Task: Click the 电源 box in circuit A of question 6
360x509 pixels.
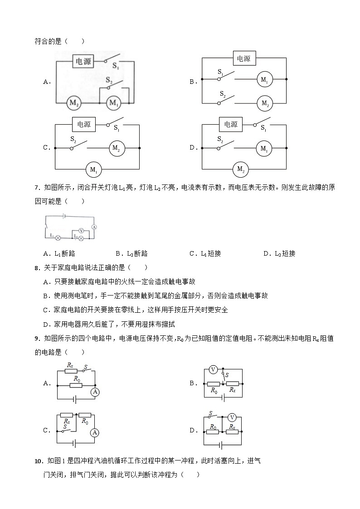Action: pos(83,63)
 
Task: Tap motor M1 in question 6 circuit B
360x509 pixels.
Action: pos(264,79)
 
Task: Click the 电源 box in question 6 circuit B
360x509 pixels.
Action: pos(244,58)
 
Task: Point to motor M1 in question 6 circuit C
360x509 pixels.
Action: pos(93,170)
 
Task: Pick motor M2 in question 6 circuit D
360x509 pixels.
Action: pos(240,170)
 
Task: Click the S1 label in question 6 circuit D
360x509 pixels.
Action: pos(263,128)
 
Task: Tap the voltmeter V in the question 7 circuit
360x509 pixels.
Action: pos(82,230)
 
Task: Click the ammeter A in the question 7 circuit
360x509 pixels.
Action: pos(94,226)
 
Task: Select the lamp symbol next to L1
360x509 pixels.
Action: pos(58,237)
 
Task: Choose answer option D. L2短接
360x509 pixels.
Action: pos(279,254)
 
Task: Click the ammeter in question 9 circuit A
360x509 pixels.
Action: pos(95,392)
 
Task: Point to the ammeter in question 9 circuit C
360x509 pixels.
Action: pos(94,433)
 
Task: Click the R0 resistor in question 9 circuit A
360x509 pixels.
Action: pos(76,386)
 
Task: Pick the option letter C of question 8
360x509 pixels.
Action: pos(45,310)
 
